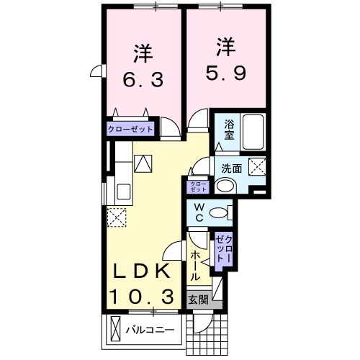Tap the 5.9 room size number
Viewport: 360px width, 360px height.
pyautogui.click(x=224, y=73)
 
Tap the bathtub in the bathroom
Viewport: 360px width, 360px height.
pyautogui.click(x=253, y=131)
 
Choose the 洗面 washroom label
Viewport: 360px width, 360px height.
pyautogui.click(x=231, y=169)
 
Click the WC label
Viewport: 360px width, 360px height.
pyautogui.click(x=198, y=214)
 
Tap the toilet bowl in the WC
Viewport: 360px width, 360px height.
pyautogui.click(x=226, y=212)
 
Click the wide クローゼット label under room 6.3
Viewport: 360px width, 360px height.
pyautogui.click(x=131, y=130)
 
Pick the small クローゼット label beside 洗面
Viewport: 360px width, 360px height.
pyautogui.click(x=197, y=186)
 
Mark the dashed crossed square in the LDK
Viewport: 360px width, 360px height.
pyautogui.click(x=117, y=216)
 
